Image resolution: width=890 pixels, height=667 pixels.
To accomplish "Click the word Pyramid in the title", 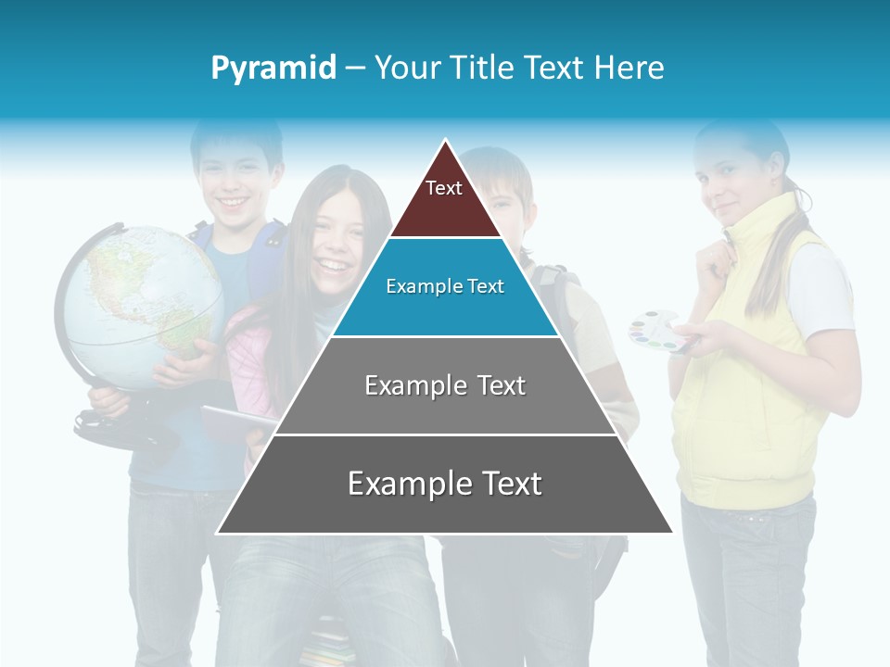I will coord(273,68).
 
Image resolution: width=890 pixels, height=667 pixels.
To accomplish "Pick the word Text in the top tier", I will coord(444,188).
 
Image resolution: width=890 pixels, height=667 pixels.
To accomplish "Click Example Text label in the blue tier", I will coord(445,286).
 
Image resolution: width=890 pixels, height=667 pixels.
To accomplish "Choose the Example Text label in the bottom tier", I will coord(445,484).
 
